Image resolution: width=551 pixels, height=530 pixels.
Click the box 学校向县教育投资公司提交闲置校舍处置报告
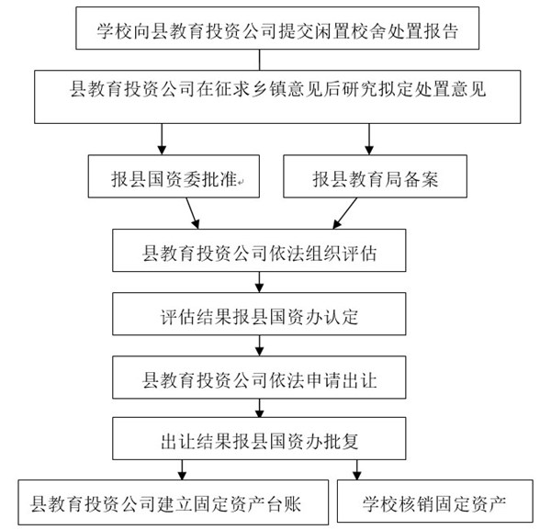(x=277, y=28)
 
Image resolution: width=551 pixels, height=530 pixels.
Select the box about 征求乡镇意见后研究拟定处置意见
(x=277, y=96)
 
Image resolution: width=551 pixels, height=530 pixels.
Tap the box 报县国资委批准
(x=174, y=176)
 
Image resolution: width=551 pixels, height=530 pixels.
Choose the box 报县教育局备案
(x=375, y=176)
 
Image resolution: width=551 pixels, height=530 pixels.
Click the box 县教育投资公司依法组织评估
(x=259, y=250)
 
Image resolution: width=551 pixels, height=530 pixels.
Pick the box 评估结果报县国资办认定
(x=259, y=314)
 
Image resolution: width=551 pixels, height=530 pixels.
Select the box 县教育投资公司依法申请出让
(x=259, y=378)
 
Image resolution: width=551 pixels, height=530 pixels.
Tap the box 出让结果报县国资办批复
(x=259, y=438)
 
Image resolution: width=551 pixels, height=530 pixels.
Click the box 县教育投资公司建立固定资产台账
(x=174, y=502)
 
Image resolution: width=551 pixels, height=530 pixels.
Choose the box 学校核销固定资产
(x=435, y=501)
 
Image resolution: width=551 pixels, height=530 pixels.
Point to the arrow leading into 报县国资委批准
(x=162, y=140)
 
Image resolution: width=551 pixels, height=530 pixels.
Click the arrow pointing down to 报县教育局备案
(x=369, y=140)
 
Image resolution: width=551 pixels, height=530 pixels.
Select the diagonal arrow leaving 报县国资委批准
(x=193, y=213)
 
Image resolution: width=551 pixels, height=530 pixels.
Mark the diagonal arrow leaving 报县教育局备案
(x=344, y=213)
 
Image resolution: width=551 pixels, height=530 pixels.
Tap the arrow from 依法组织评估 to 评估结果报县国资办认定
(x=259, y=282)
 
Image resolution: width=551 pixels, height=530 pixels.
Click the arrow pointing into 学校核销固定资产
(x=357, y=470)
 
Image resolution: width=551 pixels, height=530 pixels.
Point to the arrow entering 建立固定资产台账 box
(x=182, y=470)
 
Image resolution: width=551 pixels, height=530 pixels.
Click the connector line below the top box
(x=259, y=60)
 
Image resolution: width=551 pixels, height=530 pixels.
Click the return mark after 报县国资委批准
(x=241, y=182)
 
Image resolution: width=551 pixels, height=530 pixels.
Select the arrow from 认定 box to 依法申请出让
(x=259, y=345)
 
